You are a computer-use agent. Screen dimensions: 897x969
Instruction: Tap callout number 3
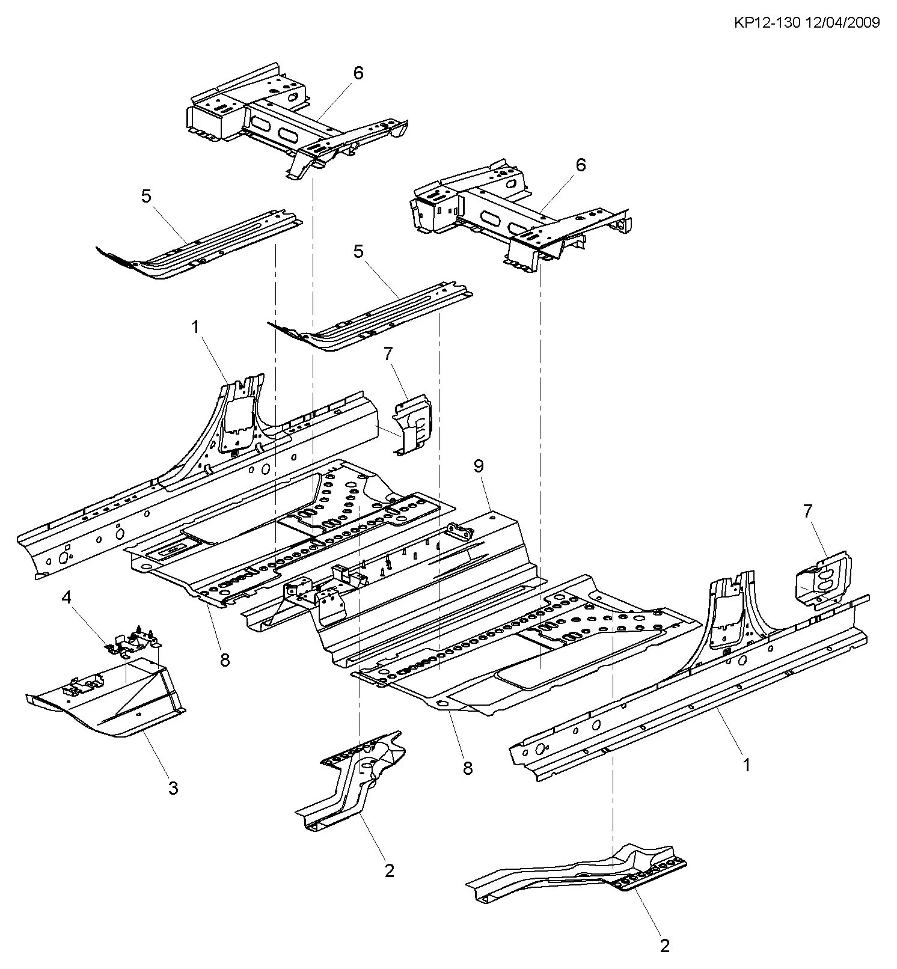tap(173, 787)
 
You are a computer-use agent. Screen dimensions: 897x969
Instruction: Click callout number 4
tap(67, 598)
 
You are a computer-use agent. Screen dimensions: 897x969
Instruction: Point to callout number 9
tap(479, 466)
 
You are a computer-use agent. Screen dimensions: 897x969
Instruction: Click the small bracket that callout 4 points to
tap(133, 640)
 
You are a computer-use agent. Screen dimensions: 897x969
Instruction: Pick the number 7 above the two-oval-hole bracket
tap(807, 512)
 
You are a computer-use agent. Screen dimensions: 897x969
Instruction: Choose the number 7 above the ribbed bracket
tap(388, 354)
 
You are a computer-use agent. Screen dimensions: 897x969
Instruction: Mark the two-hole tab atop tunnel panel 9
tap(461, 531)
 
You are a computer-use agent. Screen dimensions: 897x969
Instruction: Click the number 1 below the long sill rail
tap(746, 766)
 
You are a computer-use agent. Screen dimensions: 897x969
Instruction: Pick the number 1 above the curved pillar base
tap(195, 327)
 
